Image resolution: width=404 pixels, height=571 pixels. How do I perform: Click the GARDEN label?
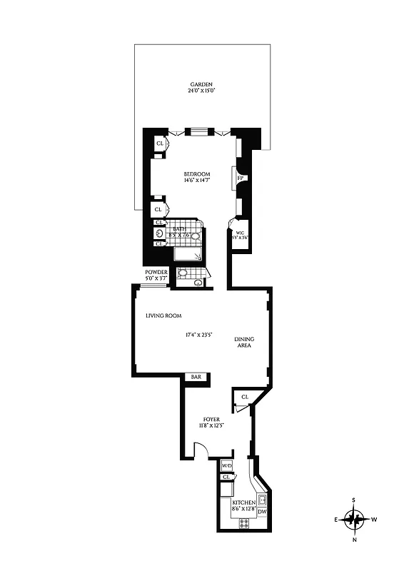(201, 84)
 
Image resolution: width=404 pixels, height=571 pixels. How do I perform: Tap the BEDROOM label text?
(196, 174)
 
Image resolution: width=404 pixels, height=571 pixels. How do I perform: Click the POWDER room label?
(156, 272)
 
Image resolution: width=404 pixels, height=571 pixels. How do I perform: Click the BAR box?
(193, 377)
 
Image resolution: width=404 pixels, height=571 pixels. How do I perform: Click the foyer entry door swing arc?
(202, 450)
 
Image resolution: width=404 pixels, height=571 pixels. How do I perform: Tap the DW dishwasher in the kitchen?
(262, 512)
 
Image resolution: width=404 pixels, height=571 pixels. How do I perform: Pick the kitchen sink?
(262, 499)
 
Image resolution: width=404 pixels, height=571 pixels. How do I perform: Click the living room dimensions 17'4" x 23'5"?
(202, 334)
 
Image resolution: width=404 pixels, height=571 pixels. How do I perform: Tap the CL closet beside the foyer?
(244, 397)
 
